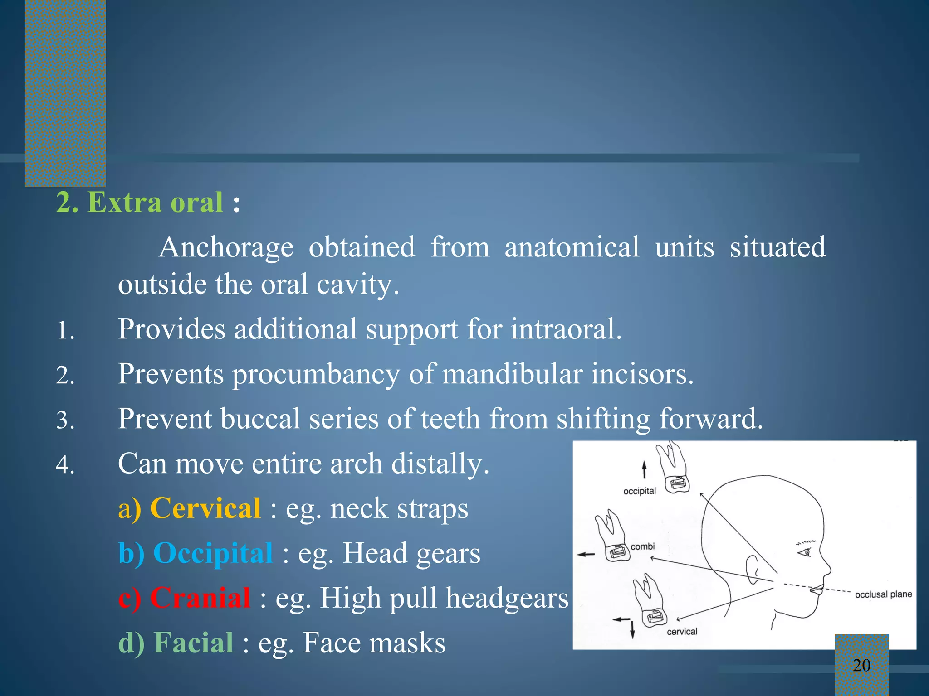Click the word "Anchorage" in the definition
[226, 247]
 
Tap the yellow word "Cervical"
[205, 508]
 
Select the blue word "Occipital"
[213, 553]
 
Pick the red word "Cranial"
[200, 598]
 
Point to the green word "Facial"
[193, 643]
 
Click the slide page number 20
[861, 665]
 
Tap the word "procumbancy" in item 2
[316, 375]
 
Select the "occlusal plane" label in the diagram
[883, 594]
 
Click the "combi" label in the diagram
[643, 546]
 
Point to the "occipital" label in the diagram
[640, 491]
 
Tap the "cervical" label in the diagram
[682, 632]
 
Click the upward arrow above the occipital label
[644, 469]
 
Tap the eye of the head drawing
[806, 552]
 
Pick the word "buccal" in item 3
[260, 419]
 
